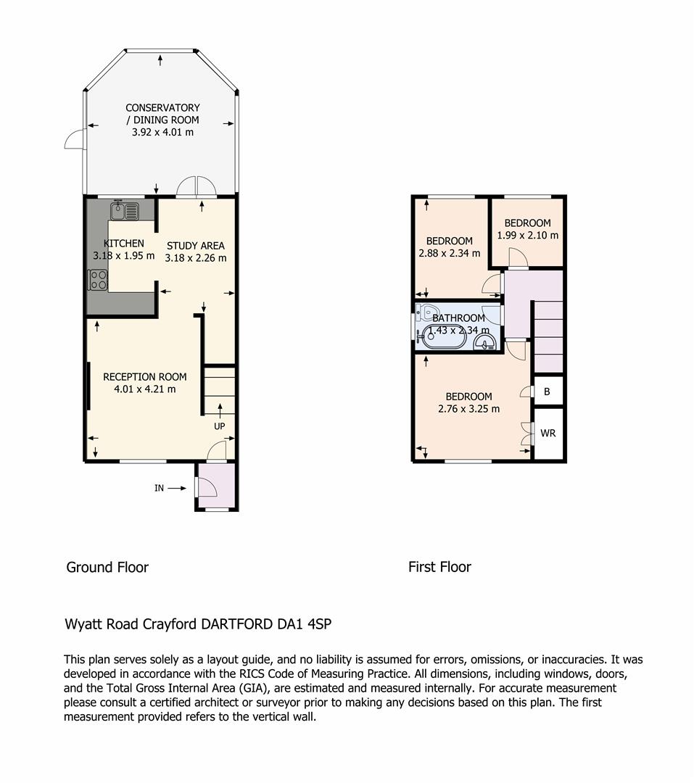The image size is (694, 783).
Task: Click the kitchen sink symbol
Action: point(125,210)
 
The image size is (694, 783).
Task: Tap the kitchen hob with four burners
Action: point(97,280)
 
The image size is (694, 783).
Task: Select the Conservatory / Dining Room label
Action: point(162,114)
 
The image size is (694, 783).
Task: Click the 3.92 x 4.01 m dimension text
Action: point(162,133)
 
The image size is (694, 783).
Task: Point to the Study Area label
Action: point(195,246)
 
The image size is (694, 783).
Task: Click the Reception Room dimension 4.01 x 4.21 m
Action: point(145,389)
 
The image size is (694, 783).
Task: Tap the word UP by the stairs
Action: point(219,426)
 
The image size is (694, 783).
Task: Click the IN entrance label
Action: point(159,489)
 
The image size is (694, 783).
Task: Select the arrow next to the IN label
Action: point(176,489)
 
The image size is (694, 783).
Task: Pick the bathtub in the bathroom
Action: point(445,337)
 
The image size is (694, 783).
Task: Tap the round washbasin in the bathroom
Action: point(484,341)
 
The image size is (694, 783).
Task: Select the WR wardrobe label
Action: point(548,434)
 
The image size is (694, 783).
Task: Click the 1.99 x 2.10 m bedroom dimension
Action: point(528,235)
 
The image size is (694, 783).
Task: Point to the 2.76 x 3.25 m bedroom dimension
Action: point(468,409)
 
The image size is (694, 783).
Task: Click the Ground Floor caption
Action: point(107,568)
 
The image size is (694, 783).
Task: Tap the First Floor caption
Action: point(439,567)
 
